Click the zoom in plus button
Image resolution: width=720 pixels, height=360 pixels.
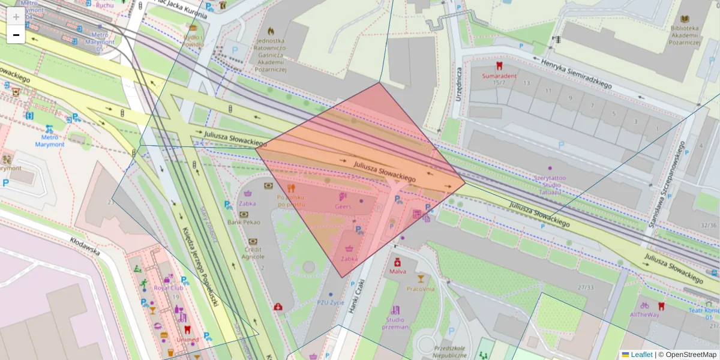[x=16, y=17]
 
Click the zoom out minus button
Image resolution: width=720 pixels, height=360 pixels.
[x=16, y=35]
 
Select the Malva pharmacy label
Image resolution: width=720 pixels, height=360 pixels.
[x=397, y=271]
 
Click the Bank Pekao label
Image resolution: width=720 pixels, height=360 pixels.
[x=244, y=222]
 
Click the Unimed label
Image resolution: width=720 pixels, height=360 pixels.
[x=187, y=340]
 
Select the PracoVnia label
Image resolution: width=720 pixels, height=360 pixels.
[x=420, y=289]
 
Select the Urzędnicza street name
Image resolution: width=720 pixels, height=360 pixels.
[x=459, y=83]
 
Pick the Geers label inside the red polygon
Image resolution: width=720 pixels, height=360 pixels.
[x=343, y=206]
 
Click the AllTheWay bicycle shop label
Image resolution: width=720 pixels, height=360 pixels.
[x=644, y=314]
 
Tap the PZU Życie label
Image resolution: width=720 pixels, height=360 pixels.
[x=331, y=302]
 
